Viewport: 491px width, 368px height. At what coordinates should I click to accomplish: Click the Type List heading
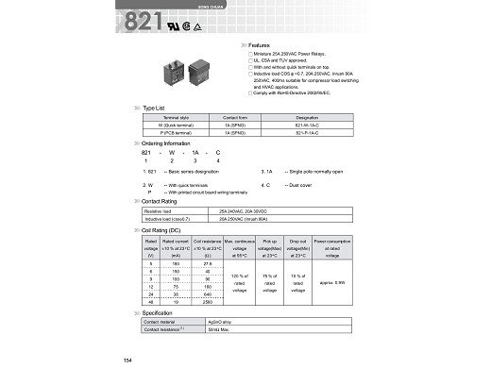156,109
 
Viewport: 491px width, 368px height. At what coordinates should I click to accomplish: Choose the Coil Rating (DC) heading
161,229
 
